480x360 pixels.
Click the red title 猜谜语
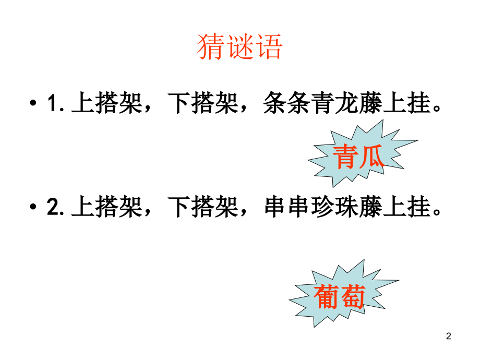pos(239,46)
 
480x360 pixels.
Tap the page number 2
pos(449,336)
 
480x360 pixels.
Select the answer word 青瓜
pos(358,157)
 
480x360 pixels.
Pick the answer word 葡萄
pos(340,296)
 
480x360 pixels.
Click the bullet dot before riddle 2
pos(33,207)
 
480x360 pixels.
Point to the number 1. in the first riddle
pos(55,103)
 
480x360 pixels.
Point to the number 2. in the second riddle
pos(55,207)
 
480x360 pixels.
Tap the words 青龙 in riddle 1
pos(334,103)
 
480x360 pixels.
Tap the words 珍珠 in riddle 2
pos(334,207)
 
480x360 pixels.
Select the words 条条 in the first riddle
pos(287,103)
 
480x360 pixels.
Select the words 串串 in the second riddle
pos(287,207)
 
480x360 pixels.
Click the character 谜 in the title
pos(239,46)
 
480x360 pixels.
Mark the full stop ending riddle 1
pos(437,109)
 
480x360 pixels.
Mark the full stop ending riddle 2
pos(437,212)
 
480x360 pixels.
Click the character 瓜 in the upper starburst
pos(371,157)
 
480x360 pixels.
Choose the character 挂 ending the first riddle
pos(419,103)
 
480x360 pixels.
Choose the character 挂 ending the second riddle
pos(419,207)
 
